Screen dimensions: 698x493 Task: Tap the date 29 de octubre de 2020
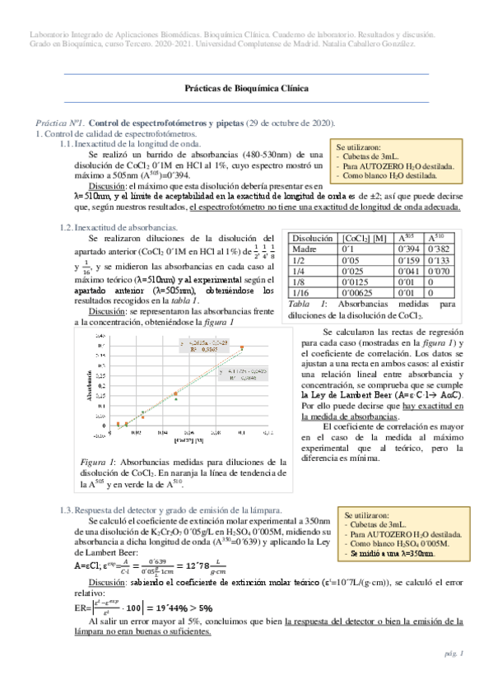click(291, 122)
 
